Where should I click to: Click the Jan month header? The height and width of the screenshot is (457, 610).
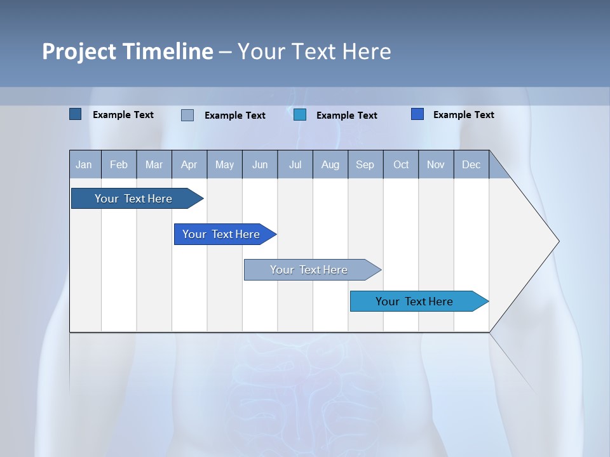click(84, 165)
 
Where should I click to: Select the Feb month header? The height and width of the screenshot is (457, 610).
click(119, 165)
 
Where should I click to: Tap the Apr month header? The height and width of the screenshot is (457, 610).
click(189, 165)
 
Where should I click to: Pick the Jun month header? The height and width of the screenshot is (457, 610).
click(260, 165)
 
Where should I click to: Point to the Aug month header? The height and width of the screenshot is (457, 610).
click(330, 165)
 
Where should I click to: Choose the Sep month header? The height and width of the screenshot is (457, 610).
click(365, 165)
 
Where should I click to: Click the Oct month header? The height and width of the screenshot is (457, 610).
click(401, 165)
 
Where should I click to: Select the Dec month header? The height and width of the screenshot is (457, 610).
click(471, 165)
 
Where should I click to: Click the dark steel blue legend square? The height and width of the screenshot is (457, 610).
click(76, 114)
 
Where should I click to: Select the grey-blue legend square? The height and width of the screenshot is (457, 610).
click(187, 115)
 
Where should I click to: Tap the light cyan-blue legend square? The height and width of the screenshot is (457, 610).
click(300, 115)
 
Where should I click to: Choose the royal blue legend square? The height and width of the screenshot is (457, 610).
click(417, 114)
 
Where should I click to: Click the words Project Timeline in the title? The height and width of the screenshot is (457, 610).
click(127, 51)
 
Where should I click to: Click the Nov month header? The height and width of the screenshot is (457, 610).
click(436, 165)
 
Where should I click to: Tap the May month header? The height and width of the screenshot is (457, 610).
click(224, 165)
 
